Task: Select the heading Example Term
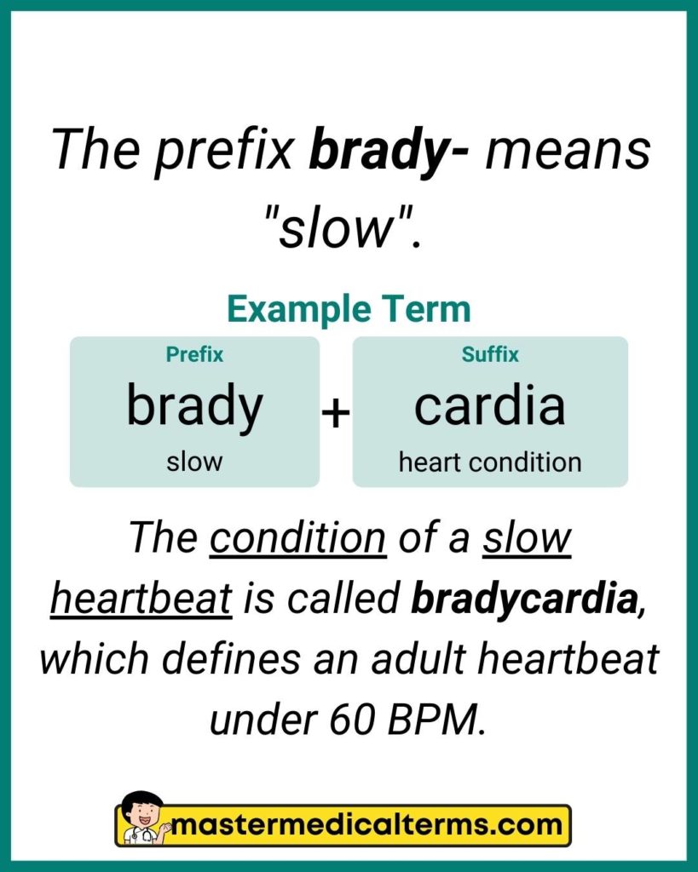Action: (349, 309)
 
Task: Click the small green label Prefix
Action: (194, 354)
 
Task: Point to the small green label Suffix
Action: (490, 354)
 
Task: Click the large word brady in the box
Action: (194, 406)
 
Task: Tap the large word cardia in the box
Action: (490, 406)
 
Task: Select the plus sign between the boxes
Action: (336, 414)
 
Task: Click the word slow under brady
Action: (194, 462)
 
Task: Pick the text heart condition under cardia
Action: (490, 462)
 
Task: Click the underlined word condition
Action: (297, 538)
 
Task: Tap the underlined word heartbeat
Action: (141, 599)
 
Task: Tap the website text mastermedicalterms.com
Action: (366, 825)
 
